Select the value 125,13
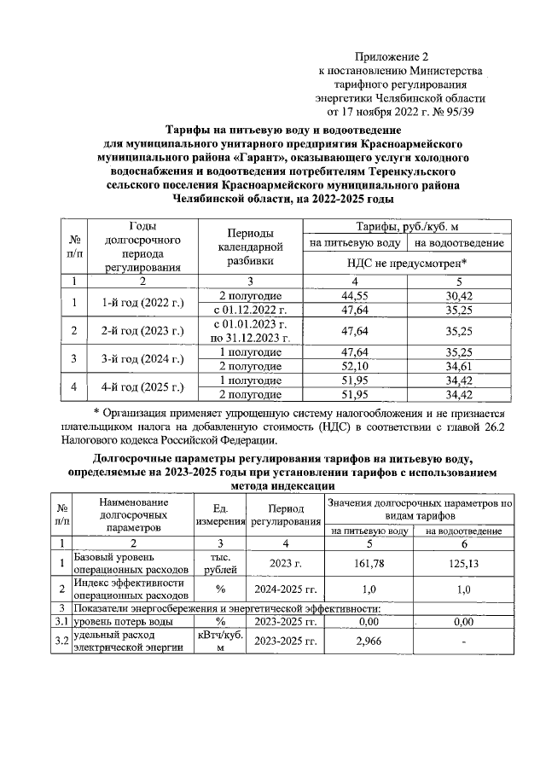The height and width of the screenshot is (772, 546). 462,563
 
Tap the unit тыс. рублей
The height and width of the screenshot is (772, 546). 221,563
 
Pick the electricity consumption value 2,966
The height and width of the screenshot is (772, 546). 368,641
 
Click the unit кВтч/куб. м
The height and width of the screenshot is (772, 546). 221,641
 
